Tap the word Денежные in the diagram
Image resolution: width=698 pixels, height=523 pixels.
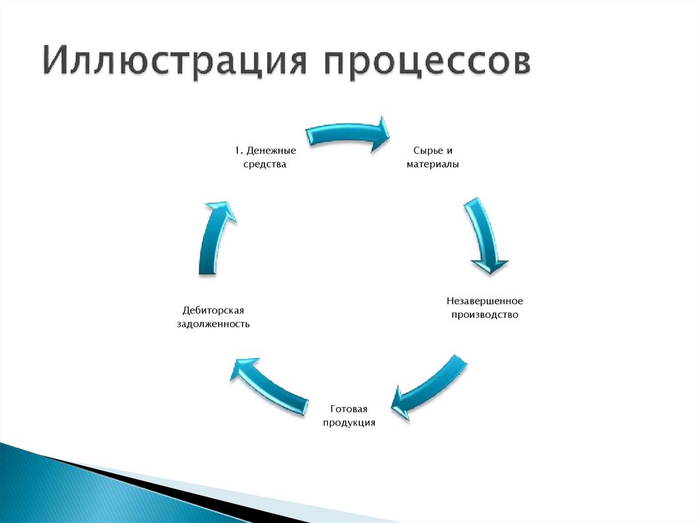pyautogui.click(x=271, y=150)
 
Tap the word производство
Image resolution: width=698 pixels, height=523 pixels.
pyautogui.click(x=485, y=315)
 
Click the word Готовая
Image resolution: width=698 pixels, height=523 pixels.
pyautogui.click(x=349, y=409)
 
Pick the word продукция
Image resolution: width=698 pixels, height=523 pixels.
pyautogui.click(x=349, y=423)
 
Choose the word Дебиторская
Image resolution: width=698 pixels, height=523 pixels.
pyautogui.click(x=213, y=310)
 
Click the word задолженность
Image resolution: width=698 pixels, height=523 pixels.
pyautogui.click(x=213, y=325)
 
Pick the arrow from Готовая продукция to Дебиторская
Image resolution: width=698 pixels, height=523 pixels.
pyautogui.click(x=270, y=386)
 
